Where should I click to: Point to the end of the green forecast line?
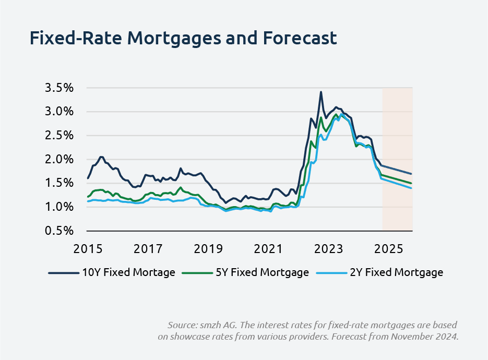pyautogui.click(x=412, y=184)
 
